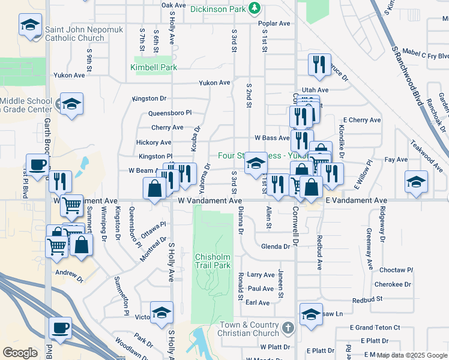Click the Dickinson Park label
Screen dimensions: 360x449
pos(218,9)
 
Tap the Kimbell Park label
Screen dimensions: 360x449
pos(154,67)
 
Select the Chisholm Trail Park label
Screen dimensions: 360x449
pos(212,261)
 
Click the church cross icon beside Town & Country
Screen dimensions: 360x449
pos(289,328)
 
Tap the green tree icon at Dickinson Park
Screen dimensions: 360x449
pos(256,8)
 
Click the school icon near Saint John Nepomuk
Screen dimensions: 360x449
pos(29,26)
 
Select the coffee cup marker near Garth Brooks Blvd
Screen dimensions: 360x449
pos(37,165)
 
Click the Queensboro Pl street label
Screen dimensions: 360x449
pos(171,113)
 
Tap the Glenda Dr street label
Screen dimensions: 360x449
pos(276,247)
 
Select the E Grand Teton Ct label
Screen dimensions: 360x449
pos(375,328)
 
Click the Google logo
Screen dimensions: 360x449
pos(20,353)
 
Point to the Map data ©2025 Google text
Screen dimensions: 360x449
pos(412,355)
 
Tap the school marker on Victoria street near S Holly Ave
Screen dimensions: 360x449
pos(161,313)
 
